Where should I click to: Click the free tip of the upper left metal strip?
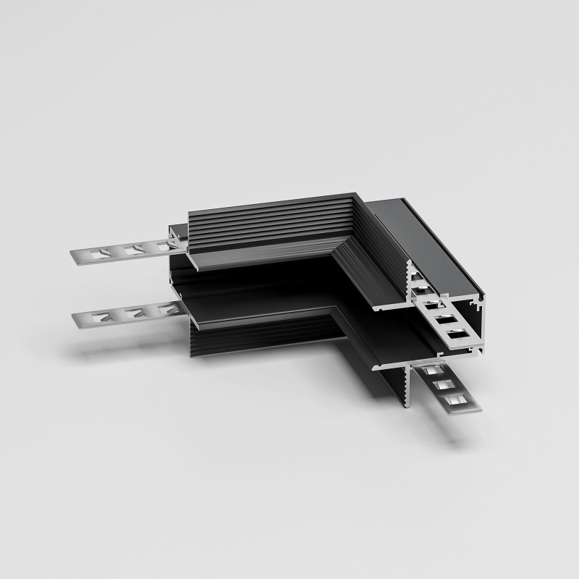(75, 254)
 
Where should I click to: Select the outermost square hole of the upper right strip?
(455, 333)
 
